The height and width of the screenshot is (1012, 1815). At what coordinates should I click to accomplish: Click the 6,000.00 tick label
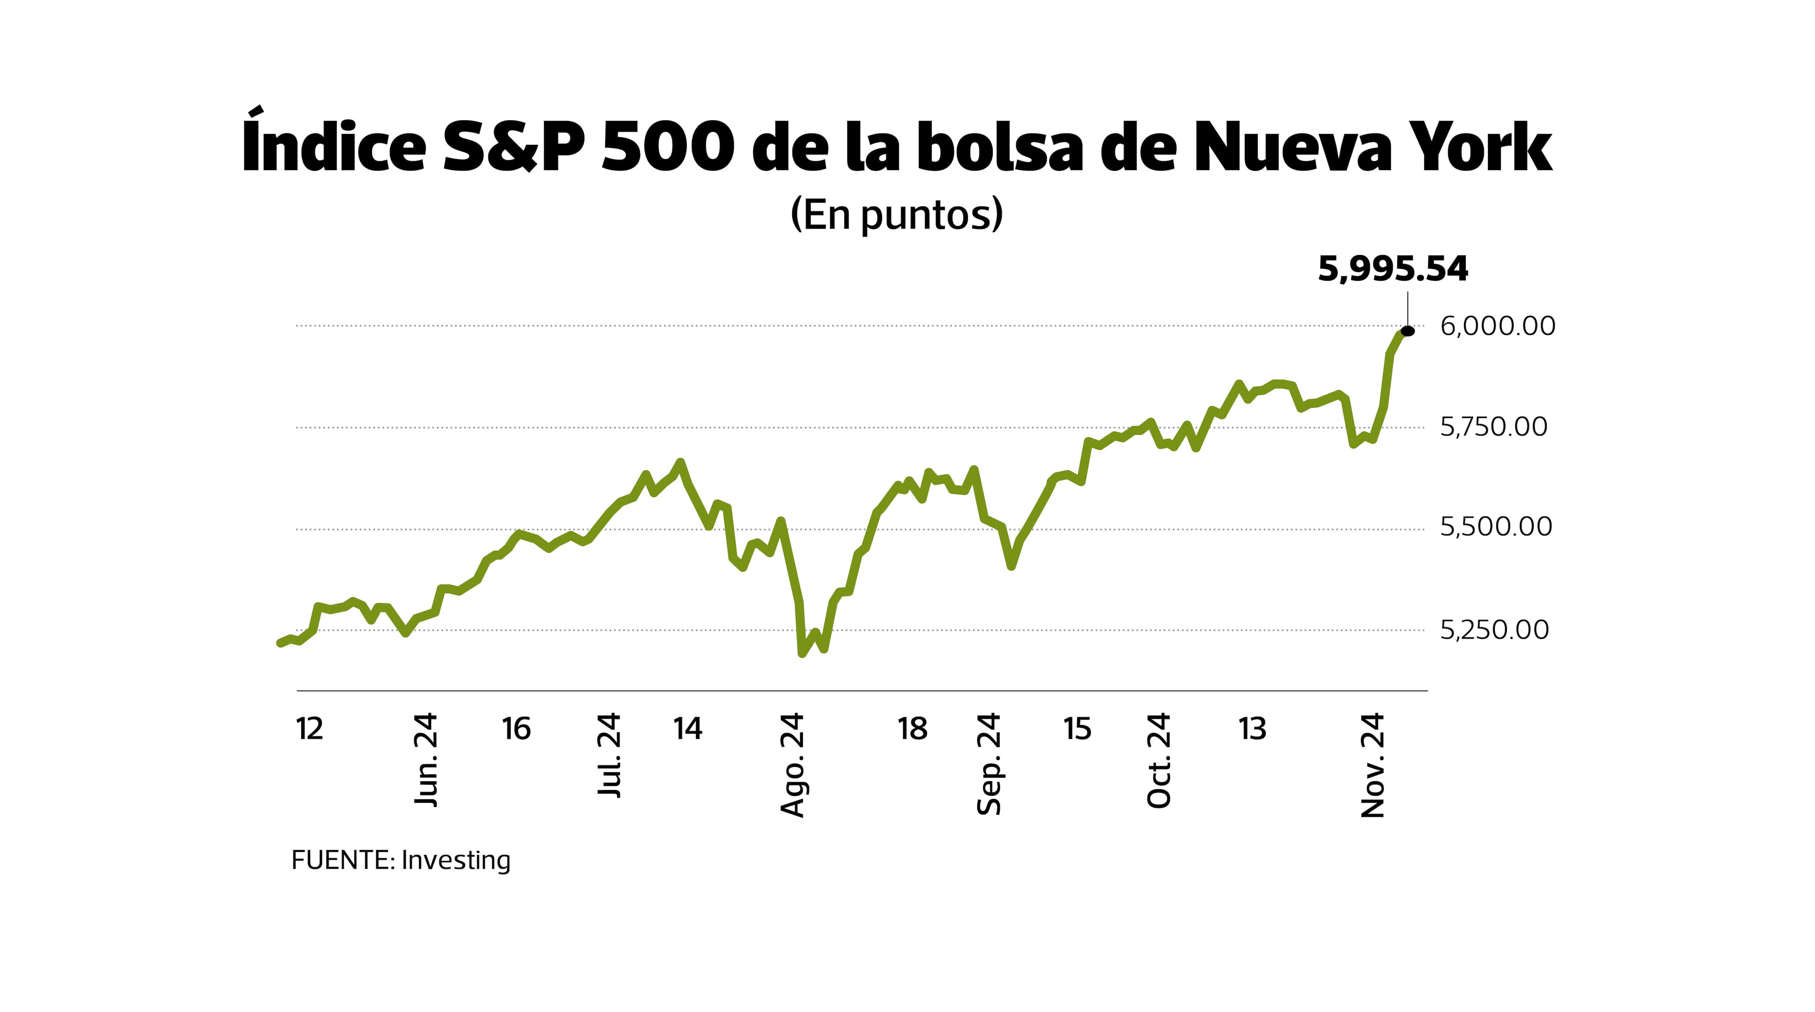click(1497, 326)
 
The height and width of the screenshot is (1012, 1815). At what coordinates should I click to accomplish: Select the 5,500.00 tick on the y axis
click(1495, 527)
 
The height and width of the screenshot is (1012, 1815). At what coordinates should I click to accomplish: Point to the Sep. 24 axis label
click(989, 764)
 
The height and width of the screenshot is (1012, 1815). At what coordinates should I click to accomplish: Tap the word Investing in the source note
click(456, 861)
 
